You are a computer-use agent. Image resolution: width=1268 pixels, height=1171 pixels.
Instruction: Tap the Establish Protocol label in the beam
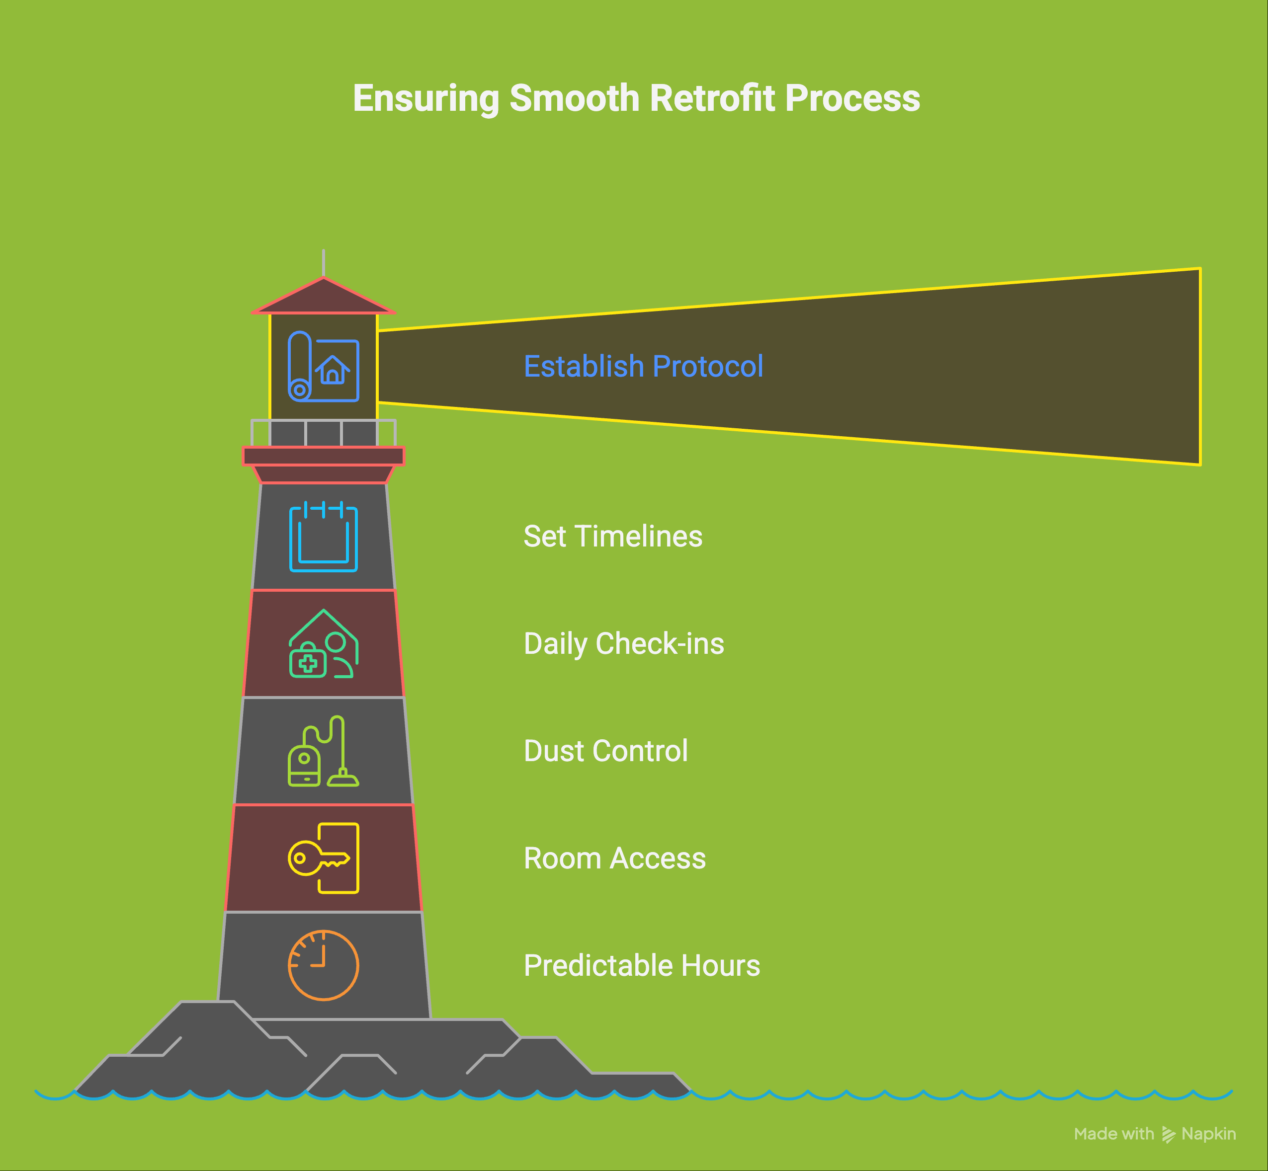[x=644, y=366]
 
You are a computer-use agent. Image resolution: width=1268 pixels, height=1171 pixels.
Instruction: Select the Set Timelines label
[x=613, y=536]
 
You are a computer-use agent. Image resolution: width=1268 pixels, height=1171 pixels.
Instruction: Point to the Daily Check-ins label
[x=624, y=644]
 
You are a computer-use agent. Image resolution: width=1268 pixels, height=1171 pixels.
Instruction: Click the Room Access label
[x=614, y=859]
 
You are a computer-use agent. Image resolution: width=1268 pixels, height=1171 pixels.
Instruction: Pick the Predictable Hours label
[x=642, y=966]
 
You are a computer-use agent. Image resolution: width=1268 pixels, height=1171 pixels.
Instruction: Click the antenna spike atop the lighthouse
[x=324, y=263]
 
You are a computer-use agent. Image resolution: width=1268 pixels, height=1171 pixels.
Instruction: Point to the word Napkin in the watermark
[x=1208, y=1134]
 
